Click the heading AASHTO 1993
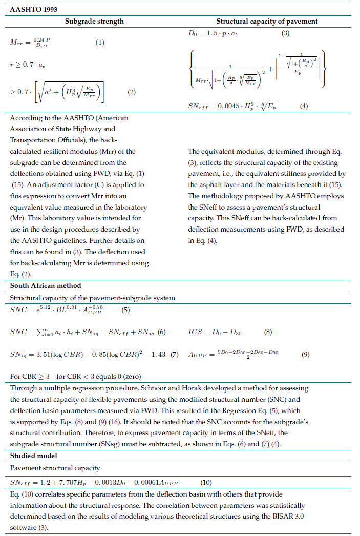click(x=33, y=9)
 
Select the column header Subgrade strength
click(x=94, y=22)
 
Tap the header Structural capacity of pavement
click(x=267, y=22)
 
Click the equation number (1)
click(x=100, y=43)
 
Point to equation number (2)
click(x=131, y=92)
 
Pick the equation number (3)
click(x=286, y=34)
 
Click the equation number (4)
click(x=304, y=106)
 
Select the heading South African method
click(x=46, y=285)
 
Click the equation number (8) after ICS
click(x=268, y=332)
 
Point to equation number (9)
click(x=305, y=354)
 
